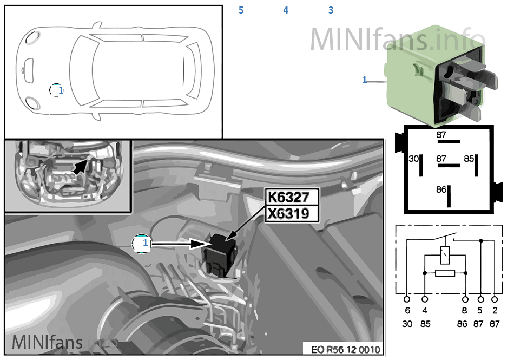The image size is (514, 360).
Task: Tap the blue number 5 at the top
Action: [x=241, y=10]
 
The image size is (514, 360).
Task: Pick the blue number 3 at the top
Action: [x=331, y=10]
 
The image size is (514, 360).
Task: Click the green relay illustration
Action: [x=433, y=76]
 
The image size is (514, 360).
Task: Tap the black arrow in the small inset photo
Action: [x=79, y=165]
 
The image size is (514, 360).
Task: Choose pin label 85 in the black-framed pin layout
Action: [x=468, y=159]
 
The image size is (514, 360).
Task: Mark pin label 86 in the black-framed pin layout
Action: [x=441, y=189]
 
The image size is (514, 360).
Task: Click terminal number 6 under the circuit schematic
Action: [x=407, y=311]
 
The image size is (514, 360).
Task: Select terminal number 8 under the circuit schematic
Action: [x=465, y=311]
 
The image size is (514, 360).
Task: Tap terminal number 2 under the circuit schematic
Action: [x=494, y=311]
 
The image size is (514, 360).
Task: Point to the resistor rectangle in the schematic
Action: [x=445, y=273]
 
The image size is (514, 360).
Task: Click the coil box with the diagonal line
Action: [x=445, y=252]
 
